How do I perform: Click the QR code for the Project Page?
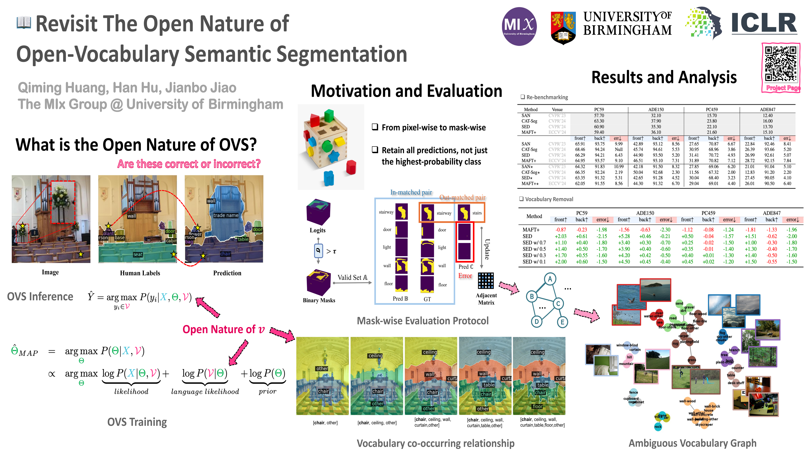point(781,64)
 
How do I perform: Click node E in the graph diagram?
point(562,322)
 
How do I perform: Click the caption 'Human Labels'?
point(140,273)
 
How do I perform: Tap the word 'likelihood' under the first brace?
point(131,392)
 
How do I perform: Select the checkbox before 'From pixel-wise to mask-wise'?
point(375,127)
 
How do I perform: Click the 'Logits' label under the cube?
point(317,230)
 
